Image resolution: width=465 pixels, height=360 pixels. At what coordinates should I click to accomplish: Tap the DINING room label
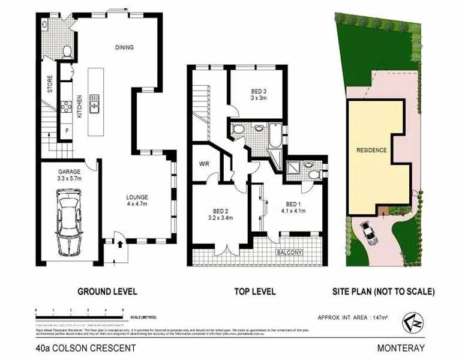pyautogui.click(x=124, y=47)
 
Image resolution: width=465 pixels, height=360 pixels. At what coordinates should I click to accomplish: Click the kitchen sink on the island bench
pyautogui.click(x=95, y=103)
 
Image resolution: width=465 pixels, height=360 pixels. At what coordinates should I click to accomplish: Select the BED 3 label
pyautogui.click(x=259, y=91)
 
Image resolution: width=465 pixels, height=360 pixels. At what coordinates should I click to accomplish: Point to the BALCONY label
pyautogui.click(x=289, y=253)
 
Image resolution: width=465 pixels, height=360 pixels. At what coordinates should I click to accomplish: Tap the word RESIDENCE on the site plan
pyautogui.click(x=371, y=150)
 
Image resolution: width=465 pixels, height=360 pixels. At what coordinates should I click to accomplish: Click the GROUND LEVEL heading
pyautogui.click(x=107, y=292)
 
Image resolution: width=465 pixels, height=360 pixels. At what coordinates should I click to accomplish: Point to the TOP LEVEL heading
pyautogui.click(x=255, y=292)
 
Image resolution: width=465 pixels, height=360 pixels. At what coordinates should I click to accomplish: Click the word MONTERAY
pyautogui.click(x=401, y=347)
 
